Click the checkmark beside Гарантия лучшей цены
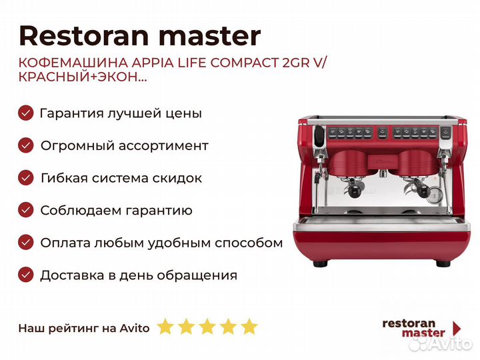pyautogui.click(x=25, y=113)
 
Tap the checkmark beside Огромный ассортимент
pyautogui.click(x=25, y=145)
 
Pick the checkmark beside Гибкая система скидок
pyautogui.click(x=25, y=178)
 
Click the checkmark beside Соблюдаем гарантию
pyautogui.click(x=25, y=211)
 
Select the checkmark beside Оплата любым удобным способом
pyautogui.click(x=25, y=243)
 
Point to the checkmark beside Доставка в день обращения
pyautogui.click(x=25, y=275)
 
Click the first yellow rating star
pyautogui.click(x=165, y=327)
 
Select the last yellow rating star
pyautogui.click(x=249, y=327)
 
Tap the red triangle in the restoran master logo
pyautogui.click(x=457, y=328)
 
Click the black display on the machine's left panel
pyautogui.click(x=319, y=135)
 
